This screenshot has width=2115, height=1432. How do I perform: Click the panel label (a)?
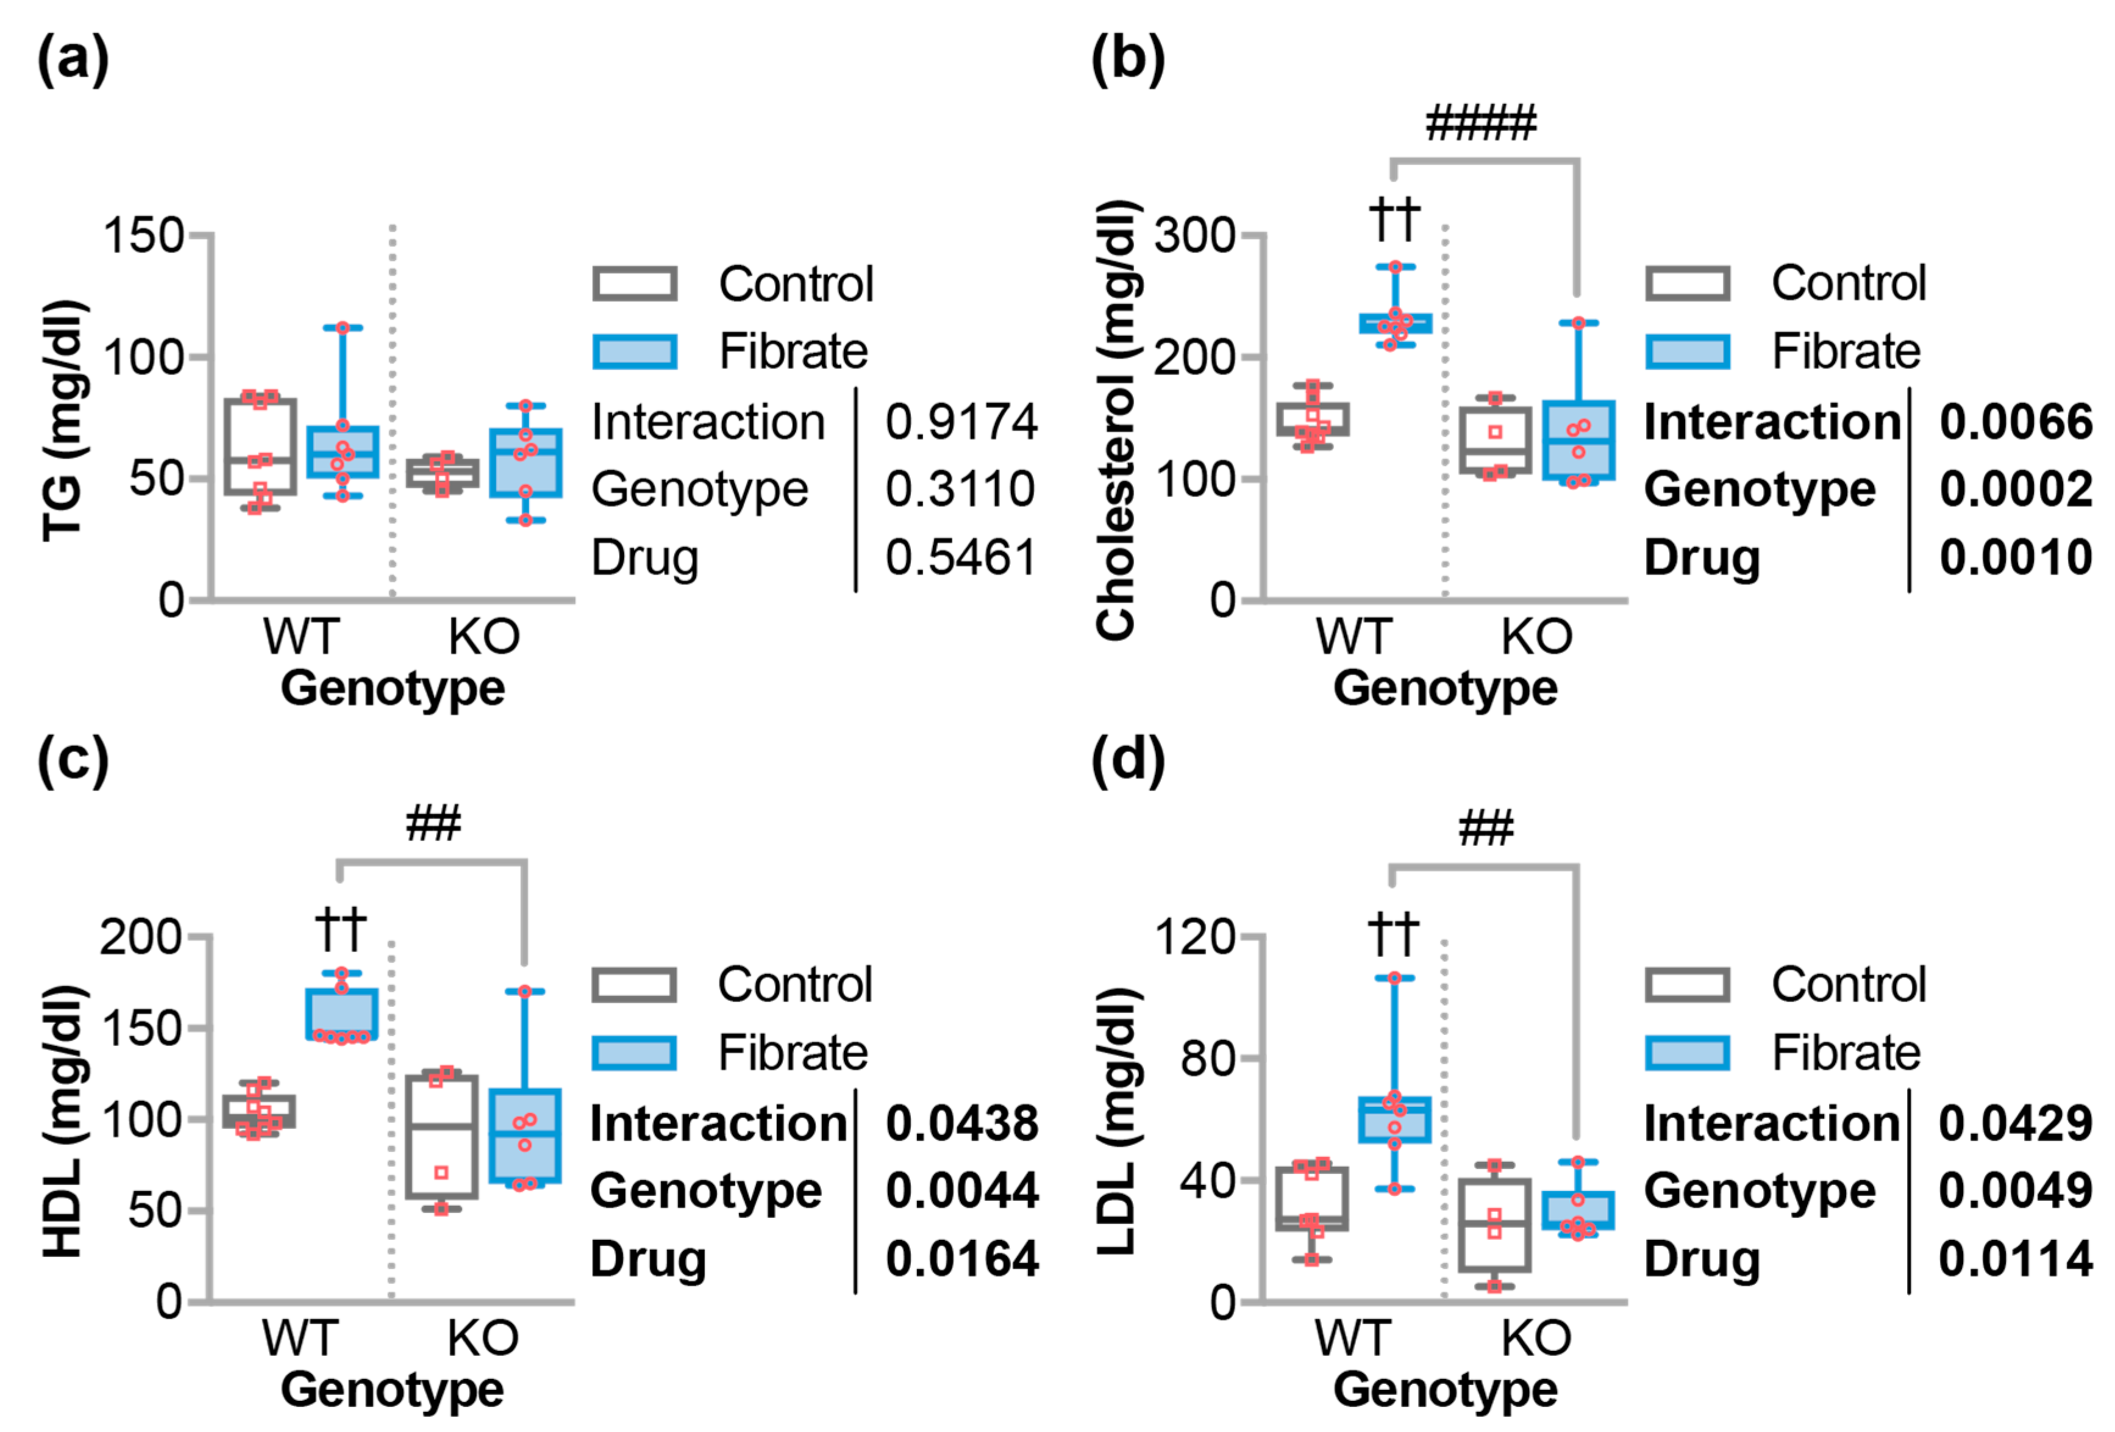tap(73, 60)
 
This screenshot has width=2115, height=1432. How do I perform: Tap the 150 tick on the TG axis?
tap(144, 236)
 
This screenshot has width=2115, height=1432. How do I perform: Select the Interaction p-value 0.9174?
tap(961, 423)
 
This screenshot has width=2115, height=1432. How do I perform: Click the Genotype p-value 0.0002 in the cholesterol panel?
tap(2015, 490)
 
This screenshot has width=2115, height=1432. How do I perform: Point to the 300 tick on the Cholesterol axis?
tap(1194, 236)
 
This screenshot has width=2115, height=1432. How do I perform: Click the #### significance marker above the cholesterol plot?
tap(1481, 123)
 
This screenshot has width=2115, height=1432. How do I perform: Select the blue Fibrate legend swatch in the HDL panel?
tap(634, 1053)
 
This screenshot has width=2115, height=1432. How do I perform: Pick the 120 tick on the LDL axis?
tap(1194, 937)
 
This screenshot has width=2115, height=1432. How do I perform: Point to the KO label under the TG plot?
tap(484, 636)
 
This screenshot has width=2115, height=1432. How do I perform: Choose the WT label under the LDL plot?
tap(1354, 1338)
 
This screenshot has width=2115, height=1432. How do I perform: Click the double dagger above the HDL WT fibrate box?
tap(341, 929)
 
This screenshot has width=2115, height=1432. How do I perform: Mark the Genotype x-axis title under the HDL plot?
tap(392, 1390)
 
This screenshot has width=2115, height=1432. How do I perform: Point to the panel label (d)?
tap(1127, 761)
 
